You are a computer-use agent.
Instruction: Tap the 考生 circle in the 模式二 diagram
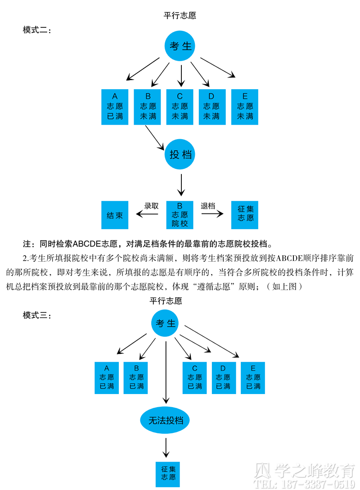180,46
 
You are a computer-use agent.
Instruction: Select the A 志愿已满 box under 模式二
115,107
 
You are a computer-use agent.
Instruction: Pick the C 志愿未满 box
180,107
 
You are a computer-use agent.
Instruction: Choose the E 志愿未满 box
245,107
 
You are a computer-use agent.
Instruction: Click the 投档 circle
180,154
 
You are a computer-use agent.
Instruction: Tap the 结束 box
115,215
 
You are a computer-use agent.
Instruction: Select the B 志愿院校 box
180,215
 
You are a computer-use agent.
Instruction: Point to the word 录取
152,206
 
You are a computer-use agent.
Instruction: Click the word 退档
208,206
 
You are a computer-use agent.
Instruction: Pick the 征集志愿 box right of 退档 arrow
245,215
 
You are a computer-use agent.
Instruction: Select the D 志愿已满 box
224,378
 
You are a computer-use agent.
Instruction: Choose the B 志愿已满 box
135,378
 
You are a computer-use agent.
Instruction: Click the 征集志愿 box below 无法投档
168,474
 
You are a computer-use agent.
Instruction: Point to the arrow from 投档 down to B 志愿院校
181,185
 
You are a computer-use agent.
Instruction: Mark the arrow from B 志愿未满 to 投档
154,137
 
